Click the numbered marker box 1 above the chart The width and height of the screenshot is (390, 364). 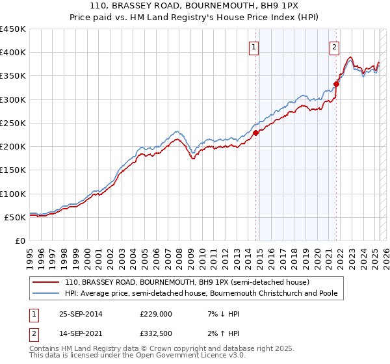point(253,46)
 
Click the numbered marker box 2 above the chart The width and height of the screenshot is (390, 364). point(333,46)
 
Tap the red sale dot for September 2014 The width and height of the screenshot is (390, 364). point(256,133)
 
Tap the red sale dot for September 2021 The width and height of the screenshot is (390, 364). point(337,83)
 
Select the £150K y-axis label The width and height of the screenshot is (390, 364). point(14,170)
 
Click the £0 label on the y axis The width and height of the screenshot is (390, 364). point(20,241)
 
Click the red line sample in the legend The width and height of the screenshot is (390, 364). point(46,283)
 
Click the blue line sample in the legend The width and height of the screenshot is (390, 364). point(46,294)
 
